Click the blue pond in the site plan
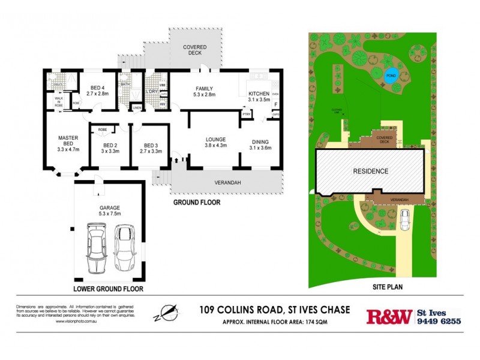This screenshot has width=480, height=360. pyautogui.click(x=391, y=76)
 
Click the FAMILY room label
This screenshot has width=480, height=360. pyautogui.click(x=204, y=91)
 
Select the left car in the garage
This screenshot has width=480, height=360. pyautogui.click(x=98, y=247)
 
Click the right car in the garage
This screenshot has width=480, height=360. pyautogui.click(x=125, y=247)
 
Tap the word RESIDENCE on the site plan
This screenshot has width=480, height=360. pyautogui.click(x=370, y=172)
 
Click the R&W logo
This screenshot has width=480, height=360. pyautogui.click(x=389, y=316)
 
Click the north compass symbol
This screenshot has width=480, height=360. pyautogui.click(x=167, y=312)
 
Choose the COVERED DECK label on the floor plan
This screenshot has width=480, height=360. pyautogui.click(x=195, y=50)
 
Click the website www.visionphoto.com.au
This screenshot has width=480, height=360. pyautogui.click(x=80, y=322)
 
